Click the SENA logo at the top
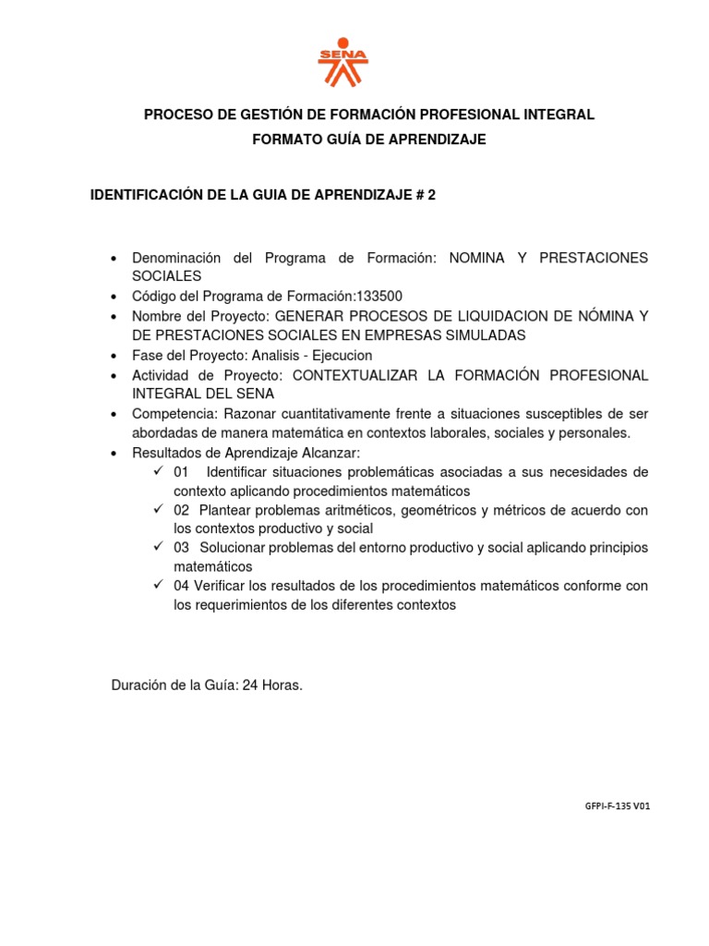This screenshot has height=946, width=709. pos(342,64)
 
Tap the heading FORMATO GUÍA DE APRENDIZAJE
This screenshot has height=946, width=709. pos(369,139)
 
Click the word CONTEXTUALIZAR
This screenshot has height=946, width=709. pos(368,374)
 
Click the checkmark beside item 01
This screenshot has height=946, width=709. pos(159,471)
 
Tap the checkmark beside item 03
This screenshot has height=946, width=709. pos(159,547)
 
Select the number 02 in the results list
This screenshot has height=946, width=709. pos(181,510)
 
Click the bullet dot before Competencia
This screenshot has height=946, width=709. pos(114,414)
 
